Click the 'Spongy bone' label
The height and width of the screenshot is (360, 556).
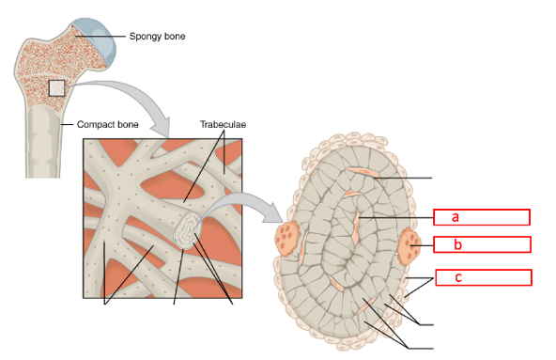pos(157,38)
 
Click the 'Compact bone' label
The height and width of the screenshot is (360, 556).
pos(108,123)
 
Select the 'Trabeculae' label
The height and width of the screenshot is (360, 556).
pos(224,123)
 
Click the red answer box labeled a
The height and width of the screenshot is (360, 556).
pos(482,217)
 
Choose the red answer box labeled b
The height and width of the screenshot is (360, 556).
pos(482,245)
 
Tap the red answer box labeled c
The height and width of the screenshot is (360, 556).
pos(482,277)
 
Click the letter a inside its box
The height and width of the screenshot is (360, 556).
pos(455,217)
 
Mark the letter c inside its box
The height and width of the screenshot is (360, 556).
pos(457,277)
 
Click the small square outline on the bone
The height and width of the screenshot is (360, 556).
pos(57,88)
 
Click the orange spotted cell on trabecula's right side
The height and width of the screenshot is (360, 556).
pos(409,247)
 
